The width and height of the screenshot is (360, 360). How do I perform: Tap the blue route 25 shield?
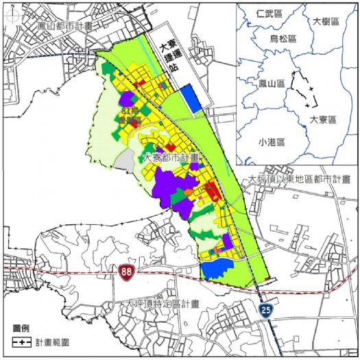[264, 311]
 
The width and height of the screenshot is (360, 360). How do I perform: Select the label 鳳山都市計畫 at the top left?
[66, 25]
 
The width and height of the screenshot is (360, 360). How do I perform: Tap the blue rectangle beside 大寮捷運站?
[193, 101]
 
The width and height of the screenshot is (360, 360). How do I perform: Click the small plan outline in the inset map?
[304, 88]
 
